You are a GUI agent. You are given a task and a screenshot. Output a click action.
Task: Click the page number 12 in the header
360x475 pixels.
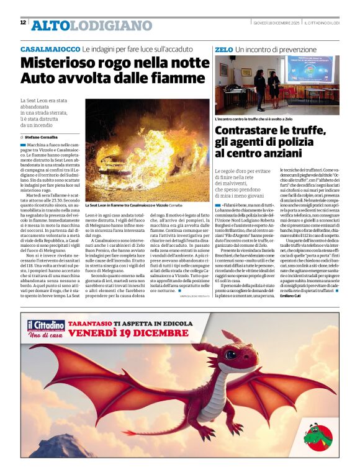click(x=23, y=22)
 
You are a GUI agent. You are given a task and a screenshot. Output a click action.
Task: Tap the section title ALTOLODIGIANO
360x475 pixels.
click(x=91, y=25)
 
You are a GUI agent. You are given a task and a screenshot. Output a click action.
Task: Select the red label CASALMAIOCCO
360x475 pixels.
click(x=50, y=49)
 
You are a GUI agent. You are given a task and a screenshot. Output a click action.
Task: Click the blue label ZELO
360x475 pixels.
click(x=223, y=49)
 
